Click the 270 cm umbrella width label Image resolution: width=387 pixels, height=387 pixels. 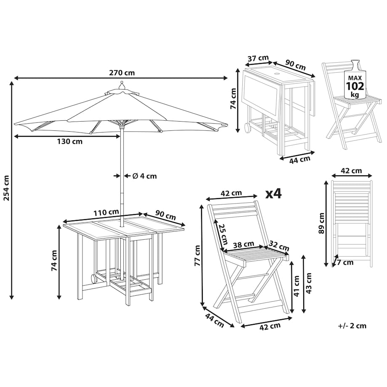tap(122, 73)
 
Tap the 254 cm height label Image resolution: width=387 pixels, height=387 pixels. tap(6, 188)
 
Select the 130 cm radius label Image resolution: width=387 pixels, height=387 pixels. tap(70, 141)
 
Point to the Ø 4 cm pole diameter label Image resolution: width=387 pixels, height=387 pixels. tap(145, 176)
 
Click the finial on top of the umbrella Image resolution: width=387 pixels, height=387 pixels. tap(122, 85)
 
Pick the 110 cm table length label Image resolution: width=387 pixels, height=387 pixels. tap(106, 212)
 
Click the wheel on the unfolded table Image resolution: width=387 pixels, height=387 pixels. tap(94, 279)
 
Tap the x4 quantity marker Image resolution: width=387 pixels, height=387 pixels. tap(273, 194)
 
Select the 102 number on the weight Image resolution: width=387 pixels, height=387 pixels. tap(355, 86)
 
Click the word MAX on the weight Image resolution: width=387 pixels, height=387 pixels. tap(355, 78)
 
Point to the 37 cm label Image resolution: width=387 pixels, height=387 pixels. tap(258, 58)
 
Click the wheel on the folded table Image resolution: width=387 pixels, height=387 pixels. tap(247, 127)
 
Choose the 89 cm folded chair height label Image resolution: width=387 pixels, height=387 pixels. tap(322, 223)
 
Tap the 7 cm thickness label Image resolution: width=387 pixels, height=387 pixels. tap(345, 262)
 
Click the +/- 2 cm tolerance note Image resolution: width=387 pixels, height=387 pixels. tap(352, 326)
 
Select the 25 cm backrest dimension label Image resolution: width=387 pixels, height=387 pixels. tap(223, 234)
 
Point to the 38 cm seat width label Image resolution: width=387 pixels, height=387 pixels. tap(244, 244)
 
